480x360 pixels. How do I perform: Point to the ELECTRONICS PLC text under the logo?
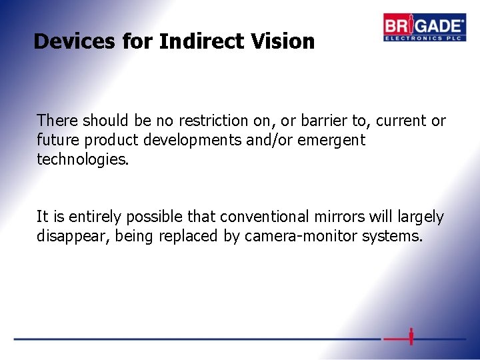[424, 37]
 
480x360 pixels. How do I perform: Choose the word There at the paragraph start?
[57, 121]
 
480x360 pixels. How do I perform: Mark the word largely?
[419, 217]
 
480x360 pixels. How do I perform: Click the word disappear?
[70, 236]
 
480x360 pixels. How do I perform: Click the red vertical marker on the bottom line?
[411, 337]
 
